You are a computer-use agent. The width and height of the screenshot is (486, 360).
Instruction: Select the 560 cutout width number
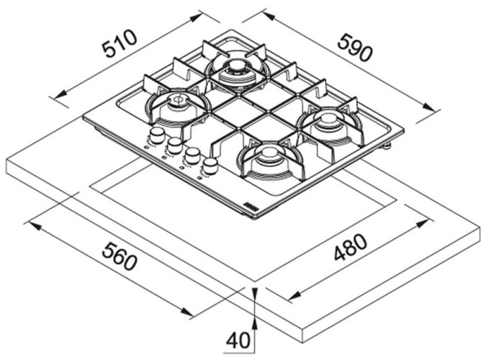120,256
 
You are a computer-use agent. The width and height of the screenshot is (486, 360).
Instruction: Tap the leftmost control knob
156,136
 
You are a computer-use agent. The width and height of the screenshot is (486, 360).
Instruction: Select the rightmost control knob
210,166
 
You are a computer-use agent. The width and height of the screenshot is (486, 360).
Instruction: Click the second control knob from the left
174,145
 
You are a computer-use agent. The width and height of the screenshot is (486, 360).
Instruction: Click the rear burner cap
237,70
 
